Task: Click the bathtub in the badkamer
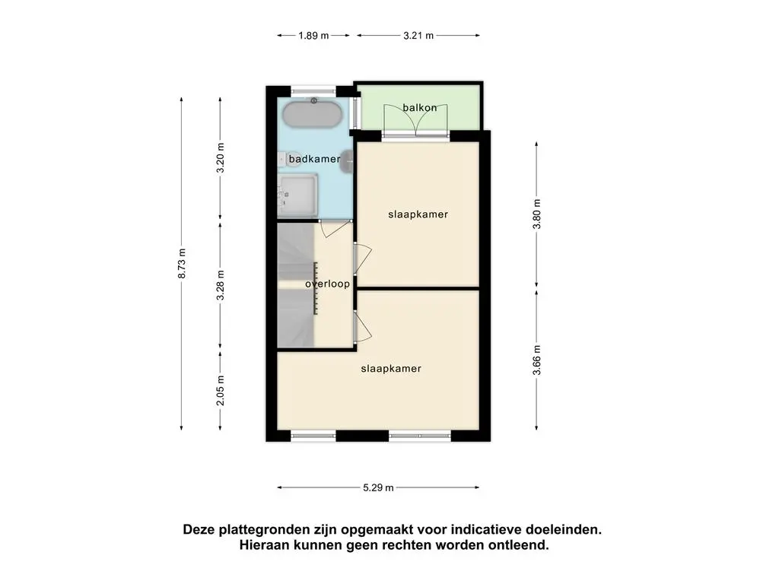(313, 115)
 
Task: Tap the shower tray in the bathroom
(297, 195)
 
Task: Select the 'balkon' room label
(420, 107)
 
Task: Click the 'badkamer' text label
(314, 159)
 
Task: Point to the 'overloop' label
(327, 284)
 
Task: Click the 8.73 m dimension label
(182, 263)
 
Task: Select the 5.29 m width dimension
(378, 487)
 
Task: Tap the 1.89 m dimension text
(313, 35)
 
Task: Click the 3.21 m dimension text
(418, 35)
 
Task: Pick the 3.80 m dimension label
(537, 214)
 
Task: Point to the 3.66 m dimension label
(537, 360)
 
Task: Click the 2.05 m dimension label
(221, 390)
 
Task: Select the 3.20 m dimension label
(221, 158)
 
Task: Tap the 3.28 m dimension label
(221, 285)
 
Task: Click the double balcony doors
(416, 120)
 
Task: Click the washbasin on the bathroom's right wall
(347, 161)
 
